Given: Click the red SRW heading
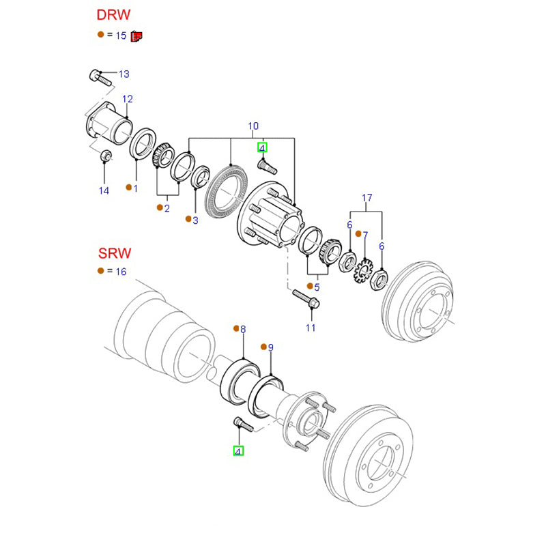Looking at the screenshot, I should click(113, 253).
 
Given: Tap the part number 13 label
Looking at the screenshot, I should click(124, 74).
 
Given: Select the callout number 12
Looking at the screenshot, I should click(128, 99).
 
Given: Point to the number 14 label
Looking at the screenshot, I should click(103, 191).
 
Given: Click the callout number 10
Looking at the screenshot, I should click(253, 126).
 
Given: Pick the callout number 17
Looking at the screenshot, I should click(367, 199).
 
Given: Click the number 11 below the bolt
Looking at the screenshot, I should click(311, 328).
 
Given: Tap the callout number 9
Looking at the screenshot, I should click(270, 348).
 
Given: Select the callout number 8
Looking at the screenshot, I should click(242, 329).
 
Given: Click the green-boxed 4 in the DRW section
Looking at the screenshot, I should click(262, 147).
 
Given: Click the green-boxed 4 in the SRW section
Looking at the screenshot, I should click(238, 451).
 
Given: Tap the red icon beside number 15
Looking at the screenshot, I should click(136, 35).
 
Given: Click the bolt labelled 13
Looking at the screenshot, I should click(100, 77).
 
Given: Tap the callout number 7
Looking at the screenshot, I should click(365, 235).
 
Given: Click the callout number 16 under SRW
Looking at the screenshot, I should click(121, 272).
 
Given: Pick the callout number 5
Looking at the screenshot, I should click(317, 287).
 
